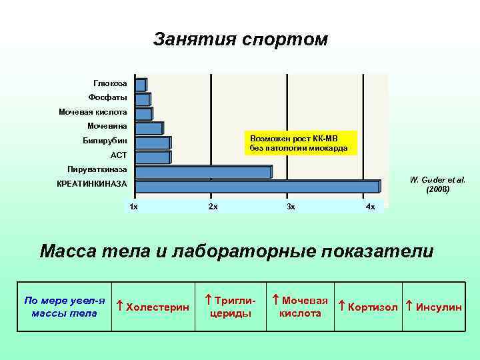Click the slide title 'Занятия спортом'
tap(240, 39)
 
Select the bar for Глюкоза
tap(140, 85)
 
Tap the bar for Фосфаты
tap(142, 99)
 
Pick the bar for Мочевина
tap(148, 128)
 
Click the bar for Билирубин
tap(152, 143)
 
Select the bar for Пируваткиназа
tap(203, 172)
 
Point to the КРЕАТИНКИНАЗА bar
tap(257, 187)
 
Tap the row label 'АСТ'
tap(119, 155)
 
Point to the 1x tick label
tap(134, 207)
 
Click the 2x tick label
tap(213, 207)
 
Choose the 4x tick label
tap(370, 207)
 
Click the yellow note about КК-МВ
tap(299, 142)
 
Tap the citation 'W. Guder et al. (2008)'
tap(438, 185)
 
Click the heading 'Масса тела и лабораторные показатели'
tap(237, 251)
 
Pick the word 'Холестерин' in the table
tap(157, 307)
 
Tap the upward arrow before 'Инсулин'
tap(409, 306)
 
